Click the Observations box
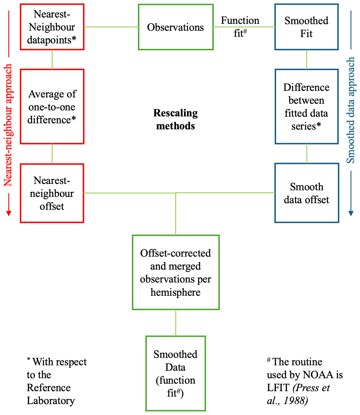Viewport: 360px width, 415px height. click(x=176, y=27)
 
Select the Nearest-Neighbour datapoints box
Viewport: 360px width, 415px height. click(x=52, y=27)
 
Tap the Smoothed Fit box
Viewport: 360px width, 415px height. click(x=306, y=27)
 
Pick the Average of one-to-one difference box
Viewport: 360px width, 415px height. click(x=52, y=107)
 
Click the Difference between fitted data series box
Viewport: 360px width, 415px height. click(x=306, y=107)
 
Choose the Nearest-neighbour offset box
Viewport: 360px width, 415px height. click(x=52, y=193)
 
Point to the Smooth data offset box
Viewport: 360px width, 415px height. click(x=307, y=193)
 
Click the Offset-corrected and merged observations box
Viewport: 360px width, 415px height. click(x=176, y=272)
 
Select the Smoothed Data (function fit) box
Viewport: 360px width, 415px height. click(x=176, y=373)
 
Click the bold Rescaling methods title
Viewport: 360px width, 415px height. click(x=176, y=119)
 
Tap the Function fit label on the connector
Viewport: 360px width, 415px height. click(x=240, y=27)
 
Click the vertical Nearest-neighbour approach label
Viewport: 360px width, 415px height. click(x=8, y=125)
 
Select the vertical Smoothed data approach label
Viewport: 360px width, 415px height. click(x=351, y=110)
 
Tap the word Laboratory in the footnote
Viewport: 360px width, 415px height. click(x=51, y=401)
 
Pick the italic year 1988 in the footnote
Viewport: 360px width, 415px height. click(x=296, y=401)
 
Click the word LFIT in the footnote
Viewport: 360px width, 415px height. click(x=278, y=388)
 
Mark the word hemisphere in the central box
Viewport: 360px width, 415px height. click(x=176, y=292)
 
